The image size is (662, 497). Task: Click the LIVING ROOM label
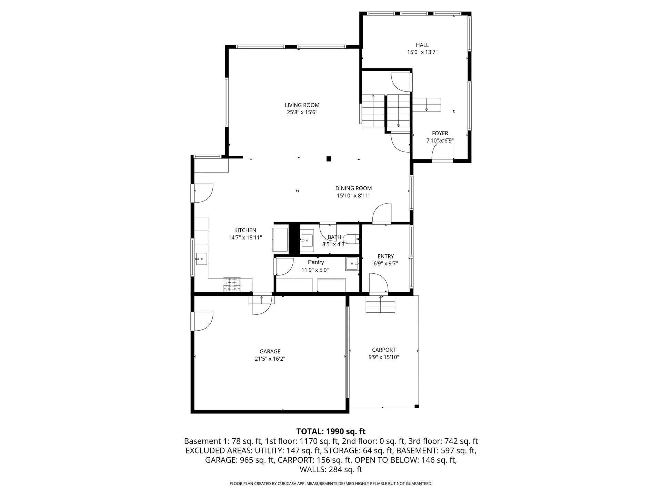302,105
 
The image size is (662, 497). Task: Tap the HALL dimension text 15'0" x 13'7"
422,52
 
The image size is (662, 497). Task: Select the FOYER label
440,133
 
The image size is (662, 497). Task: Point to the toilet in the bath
352,238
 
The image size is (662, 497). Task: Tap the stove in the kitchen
232,285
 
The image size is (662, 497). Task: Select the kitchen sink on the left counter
201,259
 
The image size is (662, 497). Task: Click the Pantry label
316,262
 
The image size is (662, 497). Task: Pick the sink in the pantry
352,264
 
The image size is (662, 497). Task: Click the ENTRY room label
385,256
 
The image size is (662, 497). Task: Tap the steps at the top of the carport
380,304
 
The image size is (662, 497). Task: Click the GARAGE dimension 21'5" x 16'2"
270,359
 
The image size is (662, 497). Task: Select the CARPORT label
384,350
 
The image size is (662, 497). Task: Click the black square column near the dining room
329,159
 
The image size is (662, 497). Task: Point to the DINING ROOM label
353,188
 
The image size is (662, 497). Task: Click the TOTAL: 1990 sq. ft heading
331,431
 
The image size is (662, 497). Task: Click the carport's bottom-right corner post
417,406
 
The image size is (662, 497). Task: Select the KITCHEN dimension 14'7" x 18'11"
245,238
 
